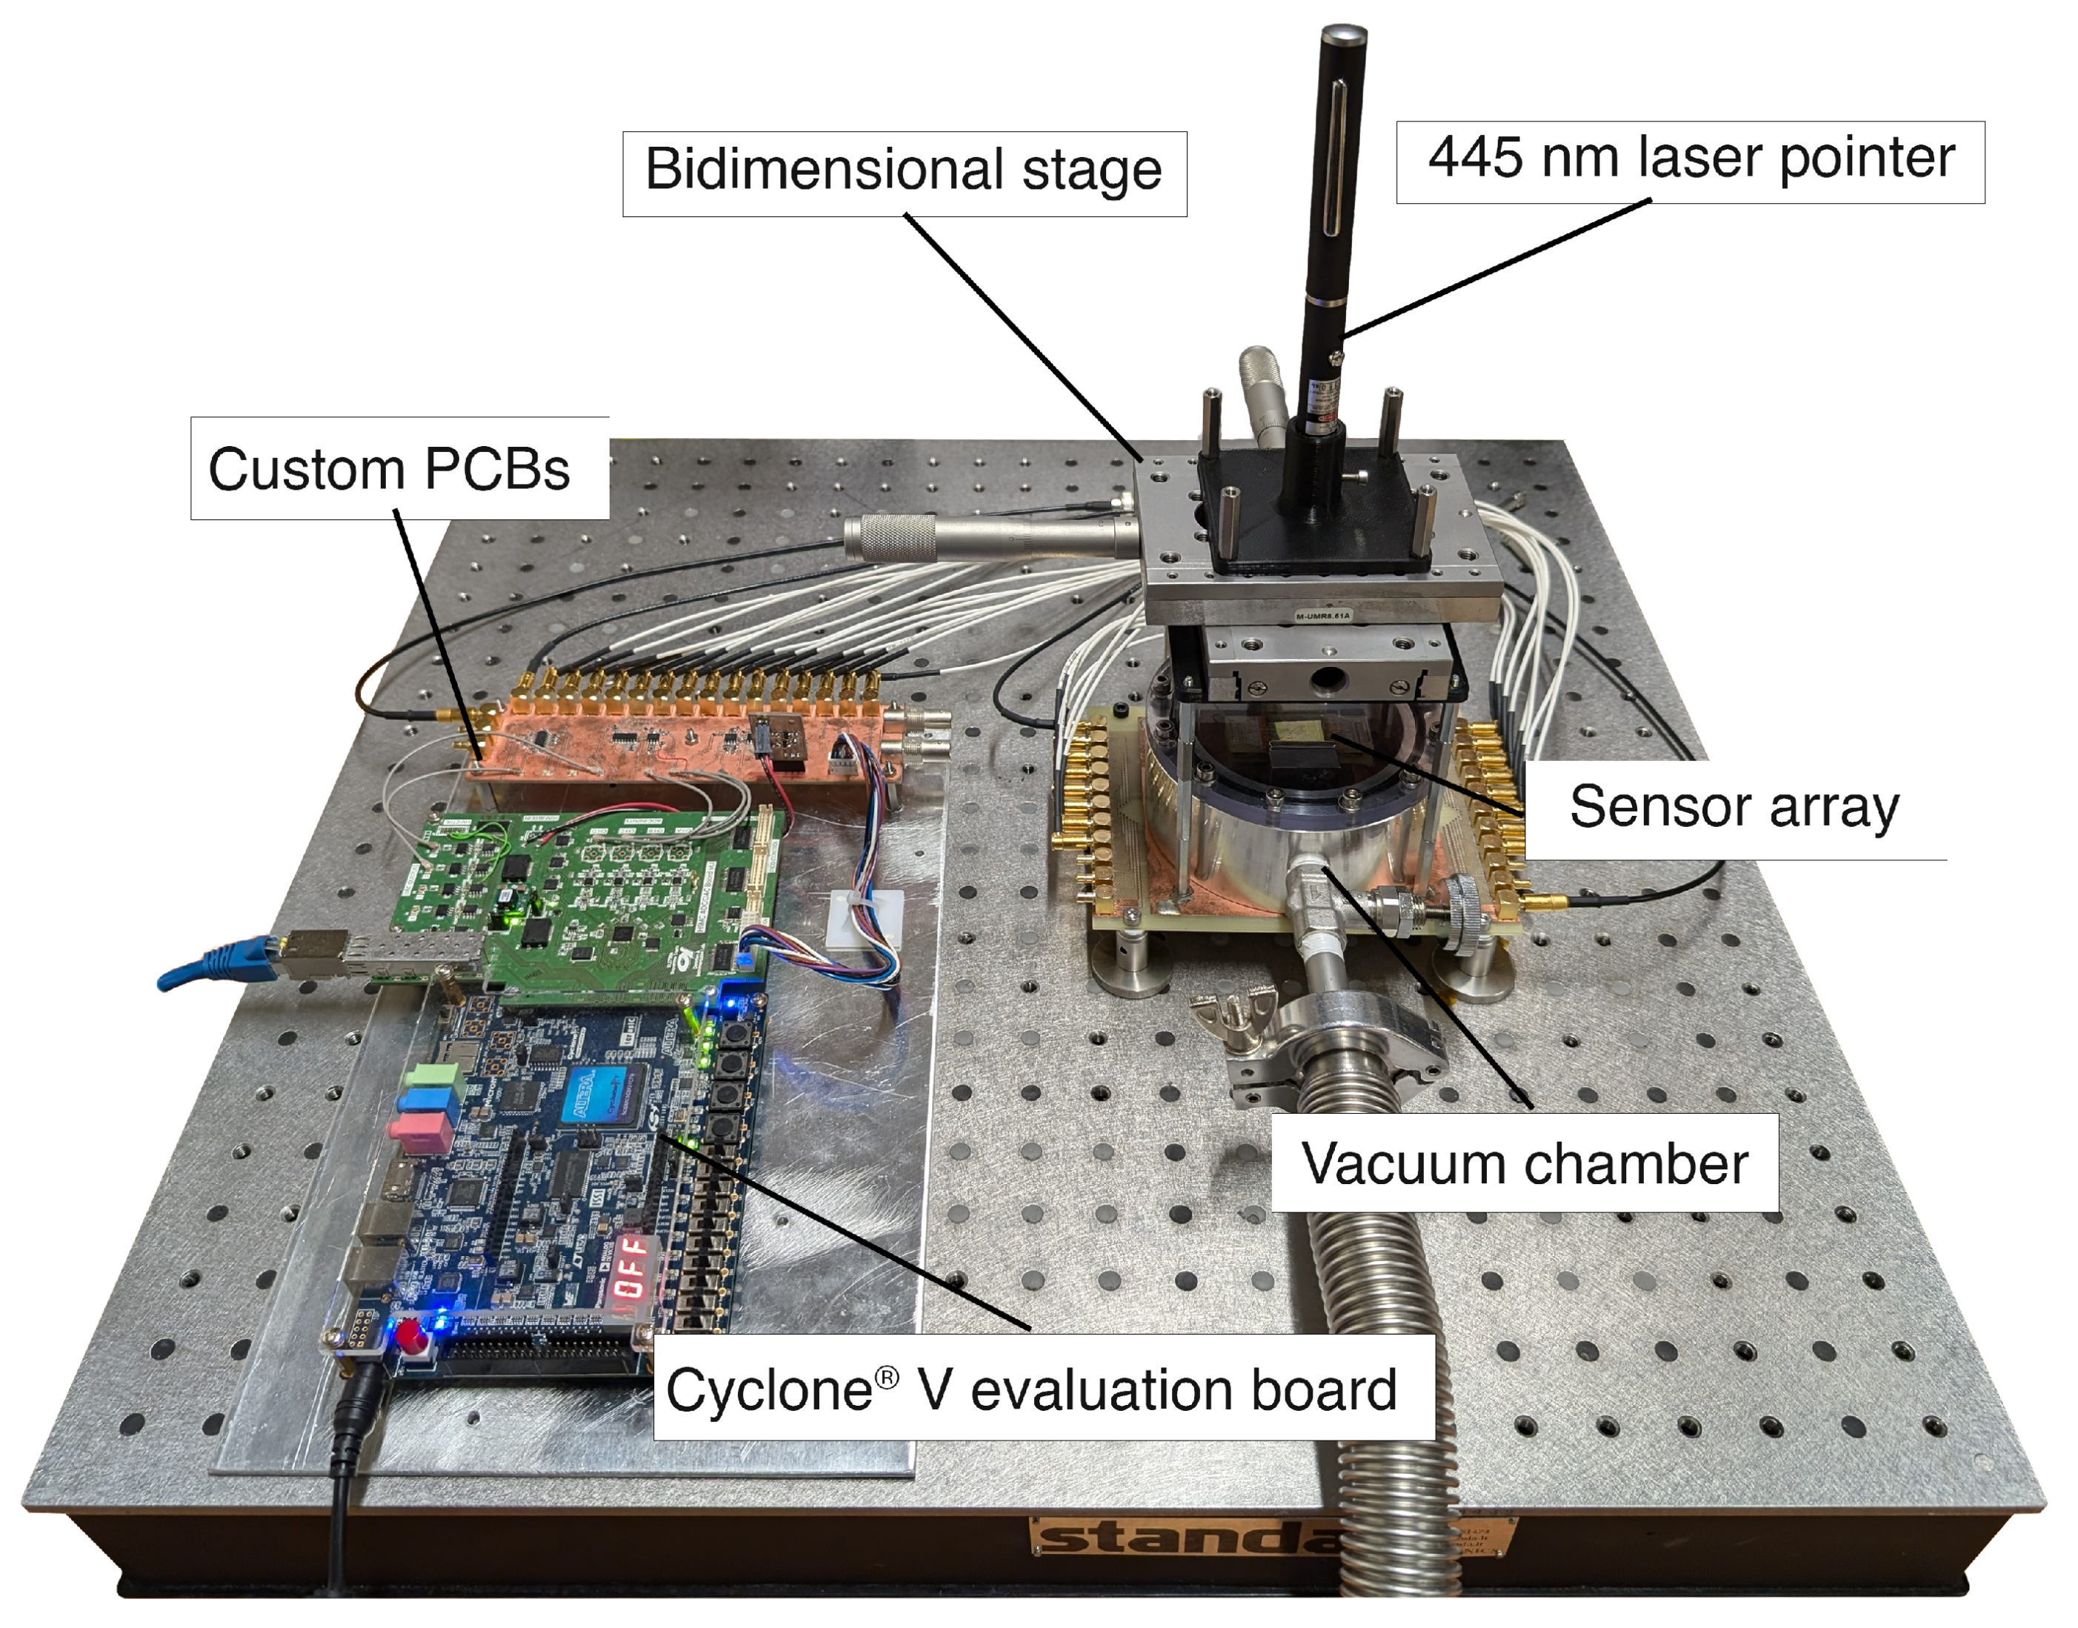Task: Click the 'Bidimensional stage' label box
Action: tap(903, 173)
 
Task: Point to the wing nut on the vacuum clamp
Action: tap(1236, 1012)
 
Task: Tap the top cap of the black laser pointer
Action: tap(1343, 38)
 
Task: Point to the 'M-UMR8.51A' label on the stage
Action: tap(1322, 617)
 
